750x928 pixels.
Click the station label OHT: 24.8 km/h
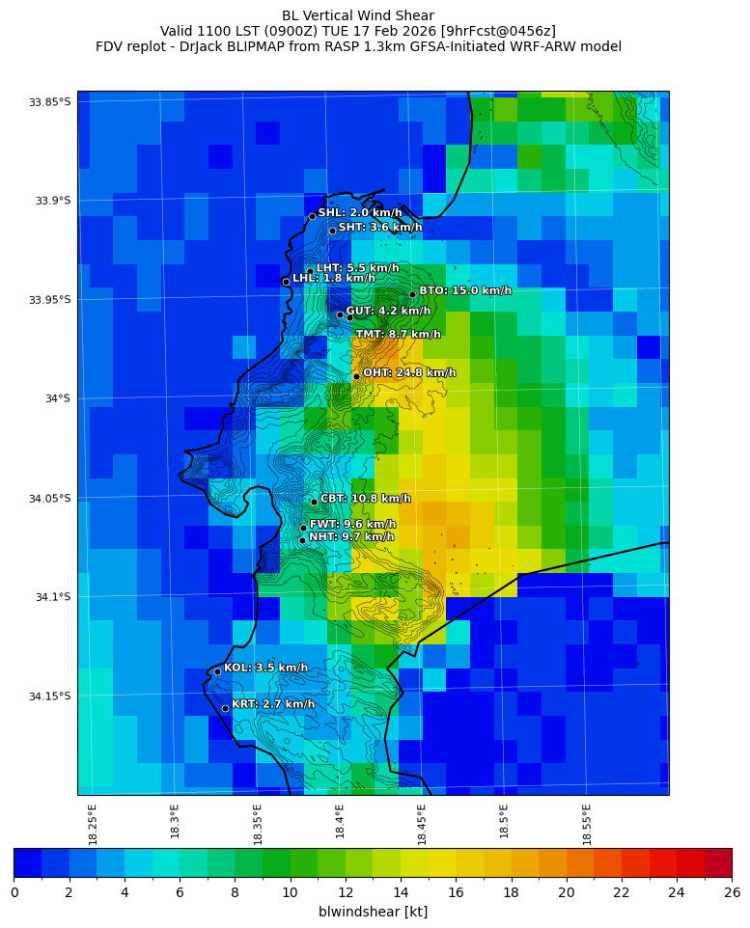pyautogui.click(x=409, y=373)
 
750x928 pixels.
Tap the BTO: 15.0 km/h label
pyautogui.click(x=464, y=290)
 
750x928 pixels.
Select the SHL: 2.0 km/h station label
pyautogui.click(x=360, y=212)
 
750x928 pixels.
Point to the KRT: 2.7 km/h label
pyautogui.click(x=273, y=704)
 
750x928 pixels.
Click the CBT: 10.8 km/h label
pyautogui.click(x=365, y=499)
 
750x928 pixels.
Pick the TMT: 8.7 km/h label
pyautogui.click(x=399, y=334)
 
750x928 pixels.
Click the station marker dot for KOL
pyautogui.click(x=217, y=671)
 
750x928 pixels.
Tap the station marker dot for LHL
pyautogui.click(x=286, y=282)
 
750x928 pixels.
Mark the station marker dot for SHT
pyautogui.click(x=332, y=231)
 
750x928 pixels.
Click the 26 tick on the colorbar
pyautogui.click(x=732, y=892)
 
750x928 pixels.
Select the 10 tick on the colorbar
pyautogui.click(x=290, y=892)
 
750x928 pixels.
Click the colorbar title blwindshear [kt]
pyautogui.click(x=373, y=912)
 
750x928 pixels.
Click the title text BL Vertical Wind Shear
pyautogui.click(x=358, y=15)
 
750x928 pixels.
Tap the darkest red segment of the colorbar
pyautogui.click(x=717, y=861)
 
